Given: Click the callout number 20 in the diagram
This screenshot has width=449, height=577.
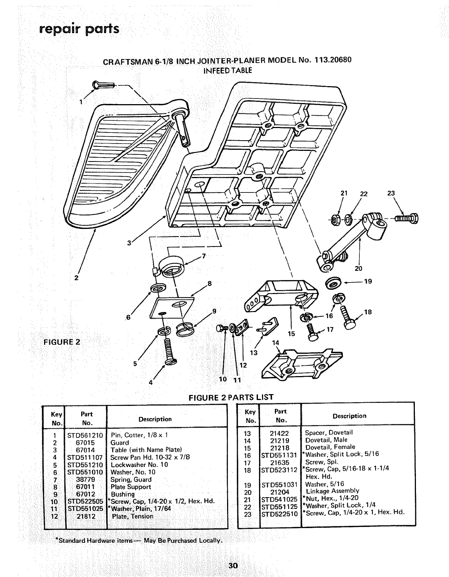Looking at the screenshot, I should pyautogui.click(x=358, y=268).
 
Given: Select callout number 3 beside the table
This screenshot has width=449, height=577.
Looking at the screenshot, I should pyautogui.click(x=129, y=243).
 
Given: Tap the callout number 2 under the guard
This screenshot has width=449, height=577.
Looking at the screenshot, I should pyautogui.click(x=76, y=278).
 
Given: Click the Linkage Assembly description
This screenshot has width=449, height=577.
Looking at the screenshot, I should pyautogui.click(x=332, y=491).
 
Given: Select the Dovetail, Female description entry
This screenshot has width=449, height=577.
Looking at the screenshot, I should pyautogui.click(x=330, y=447).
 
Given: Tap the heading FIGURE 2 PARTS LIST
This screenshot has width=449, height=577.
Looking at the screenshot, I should pyautogui.click(x=231, y=397).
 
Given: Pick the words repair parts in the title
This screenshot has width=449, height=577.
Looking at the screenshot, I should pyautogui.click(x=79, y=28).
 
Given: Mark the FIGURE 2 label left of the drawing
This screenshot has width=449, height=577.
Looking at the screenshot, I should pyautogui.click(x=62, y=341).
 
